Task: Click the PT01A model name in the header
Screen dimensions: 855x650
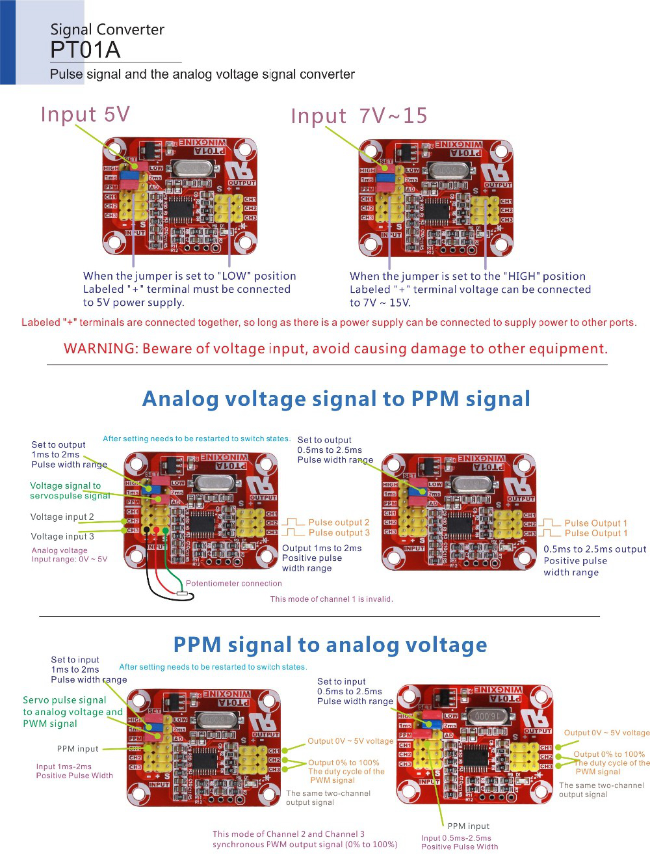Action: tap(85, 50)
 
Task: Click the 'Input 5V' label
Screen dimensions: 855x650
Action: tap(85, 115)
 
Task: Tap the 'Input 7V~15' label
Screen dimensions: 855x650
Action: tap(359, 116)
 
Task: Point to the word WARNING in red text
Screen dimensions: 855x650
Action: tap(100, 349)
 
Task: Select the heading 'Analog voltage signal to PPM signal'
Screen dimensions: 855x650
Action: tap(336, 399)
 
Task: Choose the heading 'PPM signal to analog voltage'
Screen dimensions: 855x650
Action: tap(330, 645)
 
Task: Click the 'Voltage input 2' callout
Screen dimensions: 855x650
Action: tap(62, 517)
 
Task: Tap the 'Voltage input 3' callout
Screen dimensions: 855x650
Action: tap(62, 536)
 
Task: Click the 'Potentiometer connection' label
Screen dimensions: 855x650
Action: tap(234, 584)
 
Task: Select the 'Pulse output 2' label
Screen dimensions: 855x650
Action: tap(339, 522)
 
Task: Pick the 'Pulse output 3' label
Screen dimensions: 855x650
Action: tap(339, 533)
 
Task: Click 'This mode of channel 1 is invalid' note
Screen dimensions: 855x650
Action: tap(331, 599)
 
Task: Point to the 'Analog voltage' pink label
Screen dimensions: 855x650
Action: tap(59, 550)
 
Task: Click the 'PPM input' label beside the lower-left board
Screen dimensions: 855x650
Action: tap(77, 749)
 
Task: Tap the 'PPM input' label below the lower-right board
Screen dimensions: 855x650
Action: tap(468, 826)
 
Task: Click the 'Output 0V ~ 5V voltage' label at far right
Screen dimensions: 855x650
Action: tap(606, 733)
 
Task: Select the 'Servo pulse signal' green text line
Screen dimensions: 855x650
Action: tap(64, 700)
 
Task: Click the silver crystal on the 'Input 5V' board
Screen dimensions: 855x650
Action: tap(192, 169)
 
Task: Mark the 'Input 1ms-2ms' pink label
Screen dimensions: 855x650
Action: tap(64, 767)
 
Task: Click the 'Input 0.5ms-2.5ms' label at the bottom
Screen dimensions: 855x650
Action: tap(456, 838)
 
